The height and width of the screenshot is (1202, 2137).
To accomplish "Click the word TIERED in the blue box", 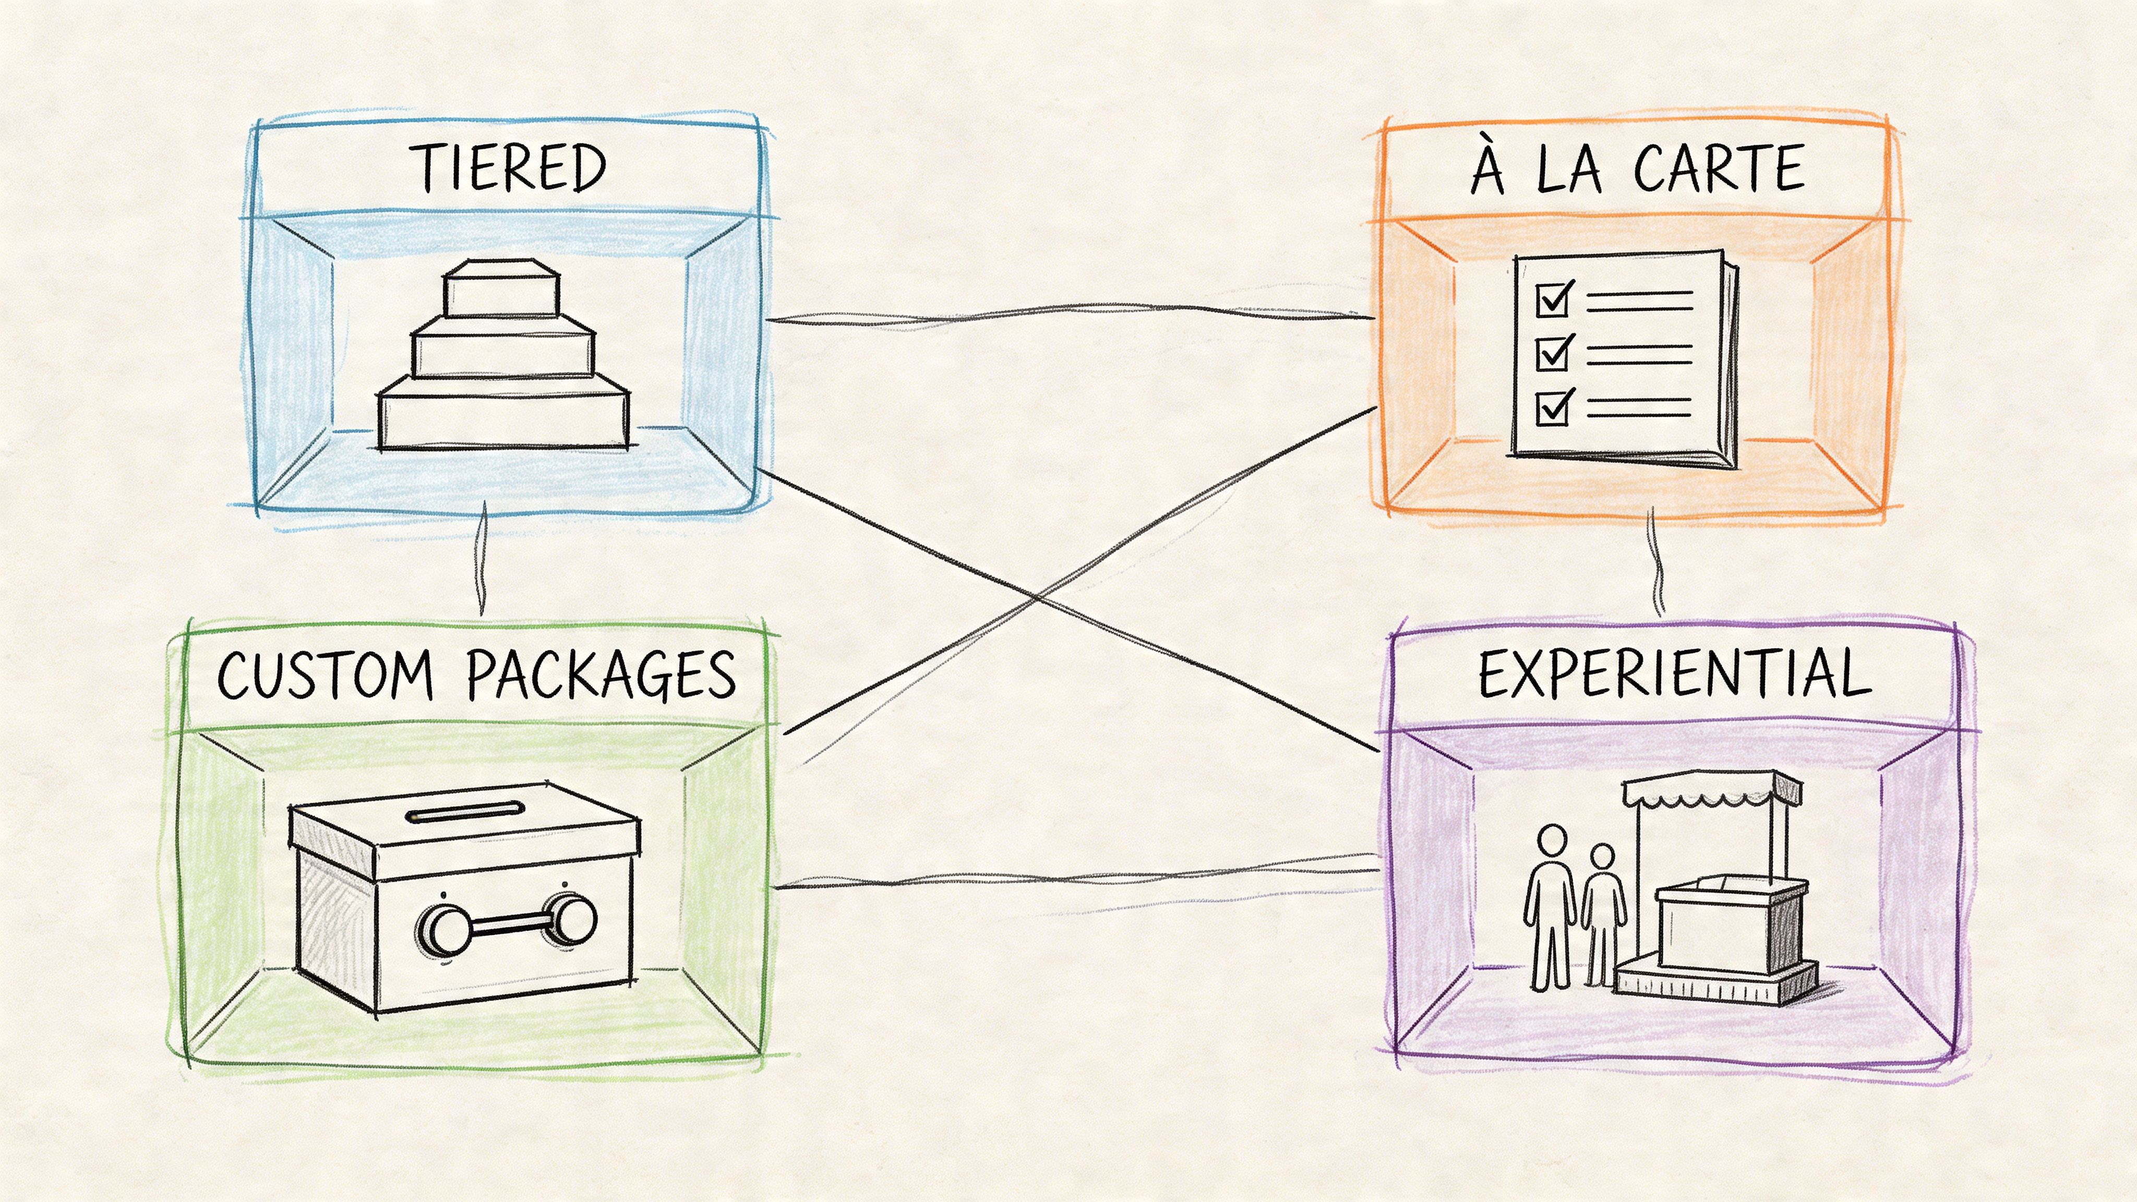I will click(x=509, y=169).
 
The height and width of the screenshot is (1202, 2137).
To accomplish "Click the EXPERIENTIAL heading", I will click(x=1674, y=675).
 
